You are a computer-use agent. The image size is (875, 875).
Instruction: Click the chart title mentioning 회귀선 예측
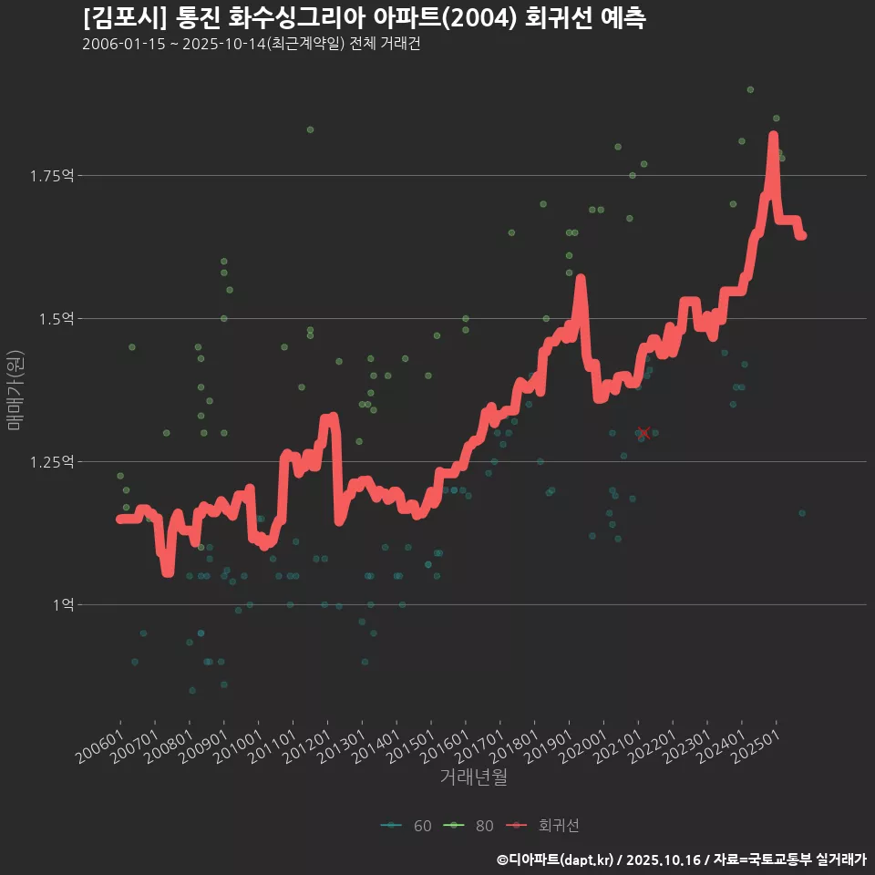click(364, 18)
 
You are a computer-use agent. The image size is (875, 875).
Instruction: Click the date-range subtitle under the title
click(251, 45)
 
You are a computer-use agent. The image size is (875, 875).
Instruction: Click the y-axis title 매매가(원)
click(15, 390)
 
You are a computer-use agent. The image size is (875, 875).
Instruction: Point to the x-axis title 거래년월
click(474, 777)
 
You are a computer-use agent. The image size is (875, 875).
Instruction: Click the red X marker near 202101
click(643, 433)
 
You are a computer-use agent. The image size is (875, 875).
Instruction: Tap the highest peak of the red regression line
click(773, 137)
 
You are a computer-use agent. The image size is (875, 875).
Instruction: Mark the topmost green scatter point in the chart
click(750, 89)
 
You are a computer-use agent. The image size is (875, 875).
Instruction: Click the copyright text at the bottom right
click(681, 859)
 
